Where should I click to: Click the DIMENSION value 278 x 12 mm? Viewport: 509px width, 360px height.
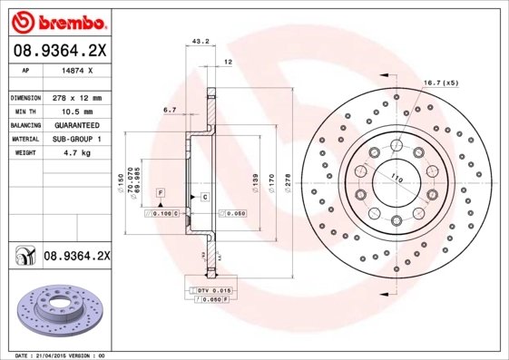tap(75, 97)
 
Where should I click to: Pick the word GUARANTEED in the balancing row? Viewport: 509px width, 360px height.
tap(75, 124)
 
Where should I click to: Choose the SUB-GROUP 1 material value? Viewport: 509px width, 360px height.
tap(75, 139)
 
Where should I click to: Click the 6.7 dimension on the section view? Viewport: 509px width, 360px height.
tap(169, 110)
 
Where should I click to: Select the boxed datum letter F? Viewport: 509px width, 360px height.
tap(161, 194)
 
